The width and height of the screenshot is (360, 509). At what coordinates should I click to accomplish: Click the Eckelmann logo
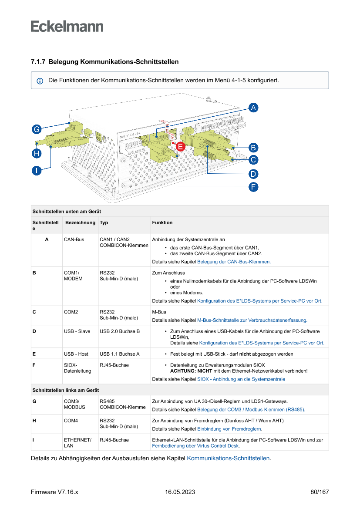tap(67, 26)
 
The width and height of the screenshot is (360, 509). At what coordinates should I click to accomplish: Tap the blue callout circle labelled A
tap(253, 108)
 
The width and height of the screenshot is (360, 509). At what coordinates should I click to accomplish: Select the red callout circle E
tap(180, 147)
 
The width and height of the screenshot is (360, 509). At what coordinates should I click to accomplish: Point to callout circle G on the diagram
tap(37, 129)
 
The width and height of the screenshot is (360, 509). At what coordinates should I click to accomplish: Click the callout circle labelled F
tap(253, 187)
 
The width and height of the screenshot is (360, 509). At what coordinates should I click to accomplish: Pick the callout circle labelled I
tap(37, 170)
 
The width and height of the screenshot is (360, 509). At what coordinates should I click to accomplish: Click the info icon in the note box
tap(40, 81)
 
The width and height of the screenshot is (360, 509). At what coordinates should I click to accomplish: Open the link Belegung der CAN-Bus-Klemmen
tap(234, 262)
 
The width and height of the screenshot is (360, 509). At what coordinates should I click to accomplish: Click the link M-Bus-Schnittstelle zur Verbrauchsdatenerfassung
tap(252, 320)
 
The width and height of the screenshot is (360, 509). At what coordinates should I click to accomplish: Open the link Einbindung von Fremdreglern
tap(229, 429)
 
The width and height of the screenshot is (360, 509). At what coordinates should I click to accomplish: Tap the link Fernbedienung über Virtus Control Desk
tap(196, 446)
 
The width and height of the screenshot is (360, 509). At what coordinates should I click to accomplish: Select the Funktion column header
tap(162, 222)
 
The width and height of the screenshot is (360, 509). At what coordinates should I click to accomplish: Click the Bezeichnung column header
tap(80, 222)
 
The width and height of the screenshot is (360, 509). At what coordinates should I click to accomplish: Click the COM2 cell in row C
tap(71, 312)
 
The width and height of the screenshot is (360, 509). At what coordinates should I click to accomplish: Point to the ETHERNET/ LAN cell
tap(77, 443)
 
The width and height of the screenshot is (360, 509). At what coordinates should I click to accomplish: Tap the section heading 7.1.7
tap(104, 62)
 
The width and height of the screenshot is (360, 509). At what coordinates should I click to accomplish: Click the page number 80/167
tap(320, 492)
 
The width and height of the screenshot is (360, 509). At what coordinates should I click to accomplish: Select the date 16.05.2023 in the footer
tap(180, 492)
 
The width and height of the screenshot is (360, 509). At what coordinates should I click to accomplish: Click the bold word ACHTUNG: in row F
tap(183, 371)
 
